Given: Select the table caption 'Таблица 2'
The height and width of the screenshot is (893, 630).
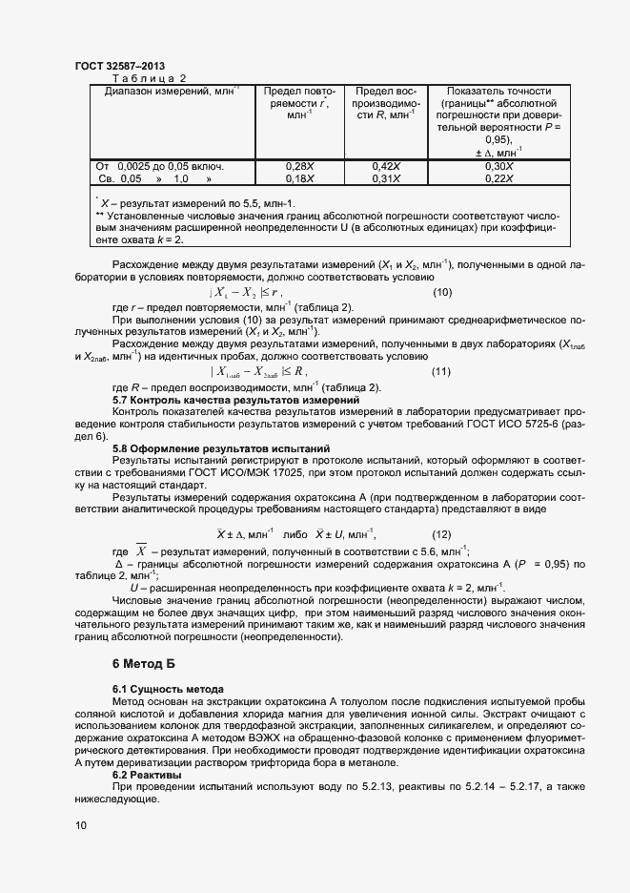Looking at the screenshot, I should pyautogui.click(x=150, y=78).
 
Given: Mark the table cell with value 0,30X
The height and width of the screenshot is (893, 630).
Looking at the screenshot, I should pyautogui.click(x=499, y=166).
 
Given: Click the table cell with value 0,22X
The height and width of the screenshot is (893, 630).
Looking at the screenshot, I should pyautogui.click(x=499, y=178).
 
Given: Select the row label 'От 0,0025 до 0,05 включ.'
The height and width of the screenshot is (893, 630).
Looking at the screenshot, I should pyautogui.click(x=159, y=166).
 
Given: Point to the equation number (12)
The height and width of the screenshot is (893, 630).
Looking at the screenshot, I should pyautogui.click(x=442, y=533).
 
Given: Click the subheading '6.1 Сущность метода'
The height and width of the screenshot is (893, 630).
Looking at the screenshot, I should pyautogui.click(x=168, y=689).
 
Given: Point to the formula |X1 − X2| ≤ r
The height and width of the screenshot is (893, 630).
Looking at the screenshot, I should pyautogui.click(x=245, y=292).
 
